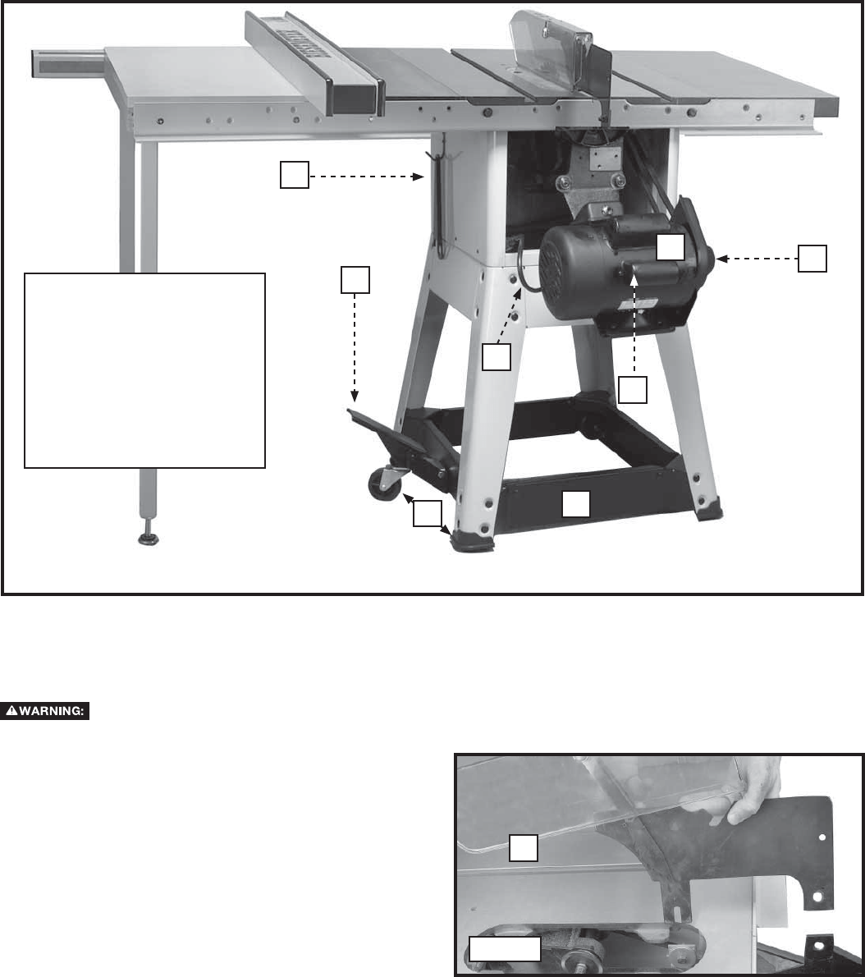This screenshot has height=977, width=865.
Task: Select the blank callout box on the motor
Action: [670, 245]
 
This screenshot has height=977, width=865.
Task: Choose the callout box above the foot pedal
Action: [355, 279]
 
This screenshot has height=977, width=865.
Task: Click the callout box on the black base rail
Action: [575, 503]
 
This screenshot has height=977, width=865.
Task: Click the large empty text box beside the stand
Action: [145, 370]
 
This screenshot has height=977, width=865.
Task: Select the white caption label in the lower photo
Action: [505, 948]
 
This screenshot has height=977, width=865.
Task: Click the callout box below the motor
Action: [633, 390]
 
